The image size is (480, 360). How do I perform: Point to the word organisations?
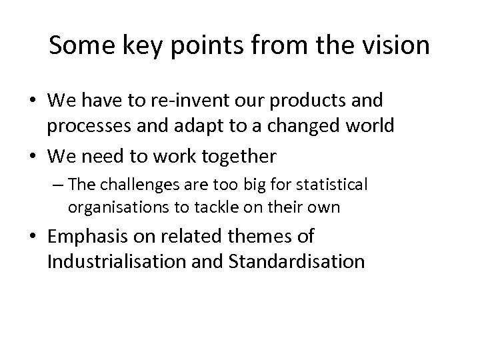111,207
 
